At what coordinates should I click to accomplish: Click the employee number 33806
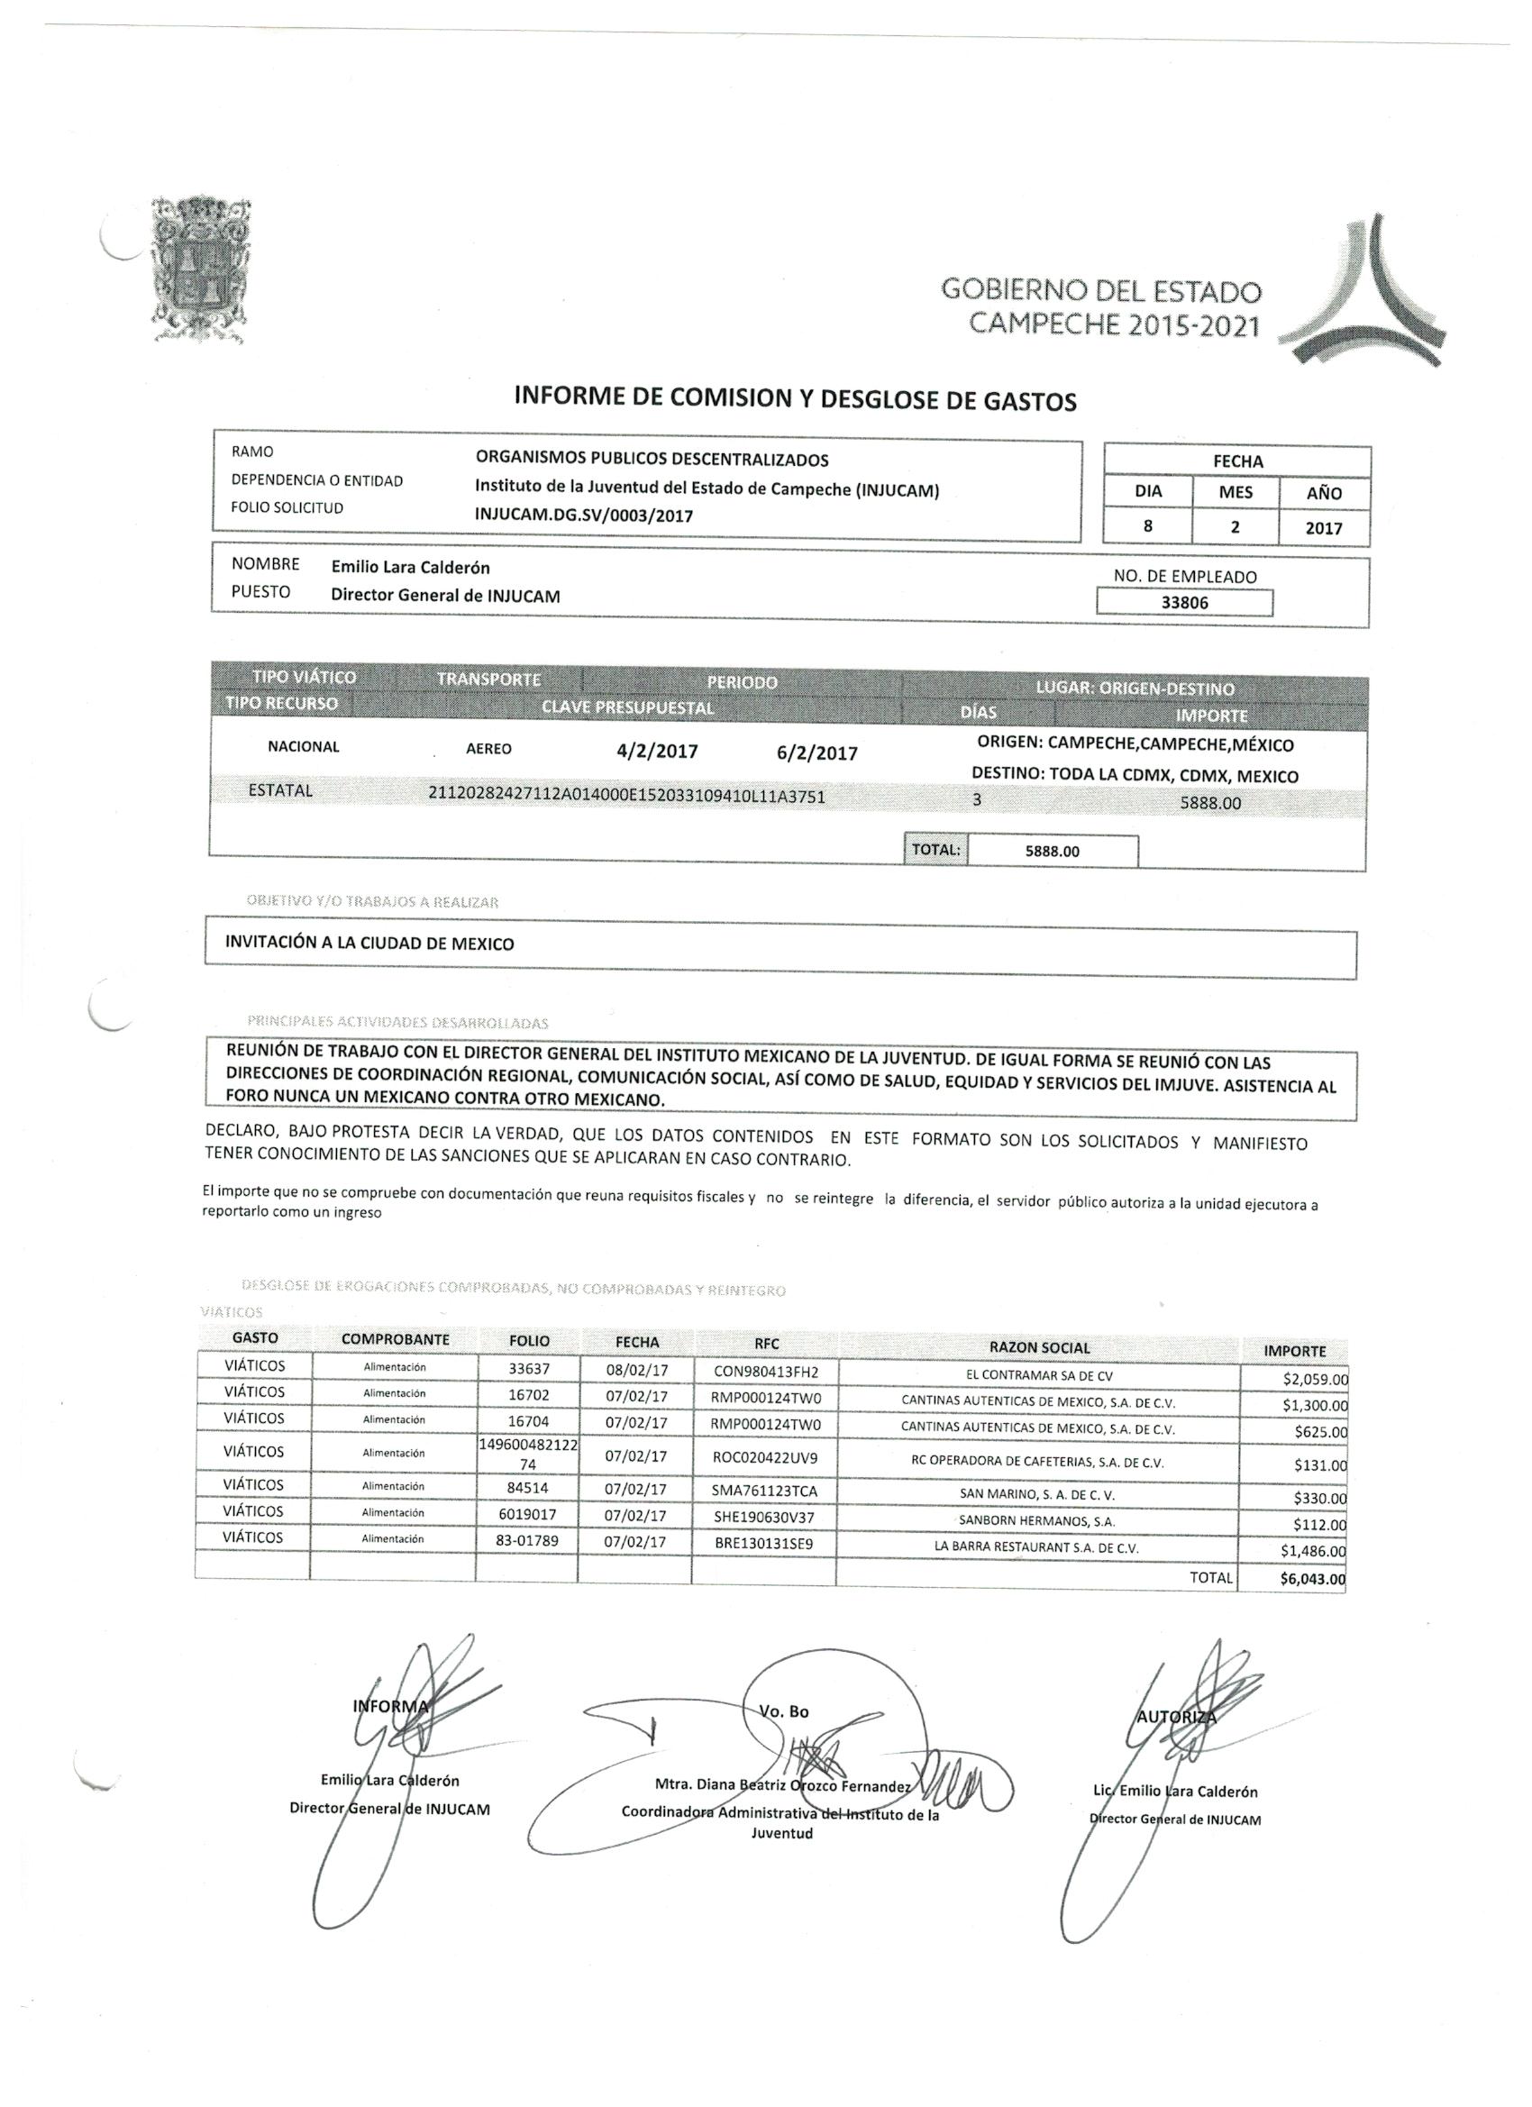[x=1184, y=601]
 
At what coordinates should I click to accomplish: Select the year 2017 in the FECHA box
[x=1323, y=528]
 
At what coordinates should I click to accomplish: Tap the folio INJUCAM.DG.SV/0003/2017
[x=584, y=515]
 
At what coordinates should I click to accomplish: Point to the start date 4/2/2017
[x=657, y=751]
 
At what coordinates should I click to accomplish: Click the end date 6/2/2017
[x=817, y=752]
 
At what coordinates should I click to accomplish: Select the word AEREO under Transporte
[x=488, y=748]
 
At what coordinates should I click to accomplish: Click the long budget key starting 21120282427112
[x=627, y=795]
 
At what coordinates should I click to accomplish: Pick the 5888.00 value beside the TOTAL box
[x=1052, y=850]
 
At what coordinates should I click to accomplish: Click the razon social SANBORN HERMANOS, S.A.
[x=1037, y=1521]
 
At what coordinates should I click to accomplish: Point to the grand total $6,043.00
[x=1312, y=1578]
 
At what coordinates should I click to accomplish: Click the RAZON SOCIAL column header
[x=1040, y=1347]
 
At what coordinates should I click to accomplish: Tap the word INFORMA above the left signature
[x=390, y=1706]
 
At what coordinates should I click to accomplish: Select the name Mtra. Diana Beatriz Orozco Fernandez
[x=782, y=1785]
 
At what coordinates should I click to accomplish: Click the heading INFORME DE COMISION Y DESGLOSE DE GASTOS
[x=795, y=399]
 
